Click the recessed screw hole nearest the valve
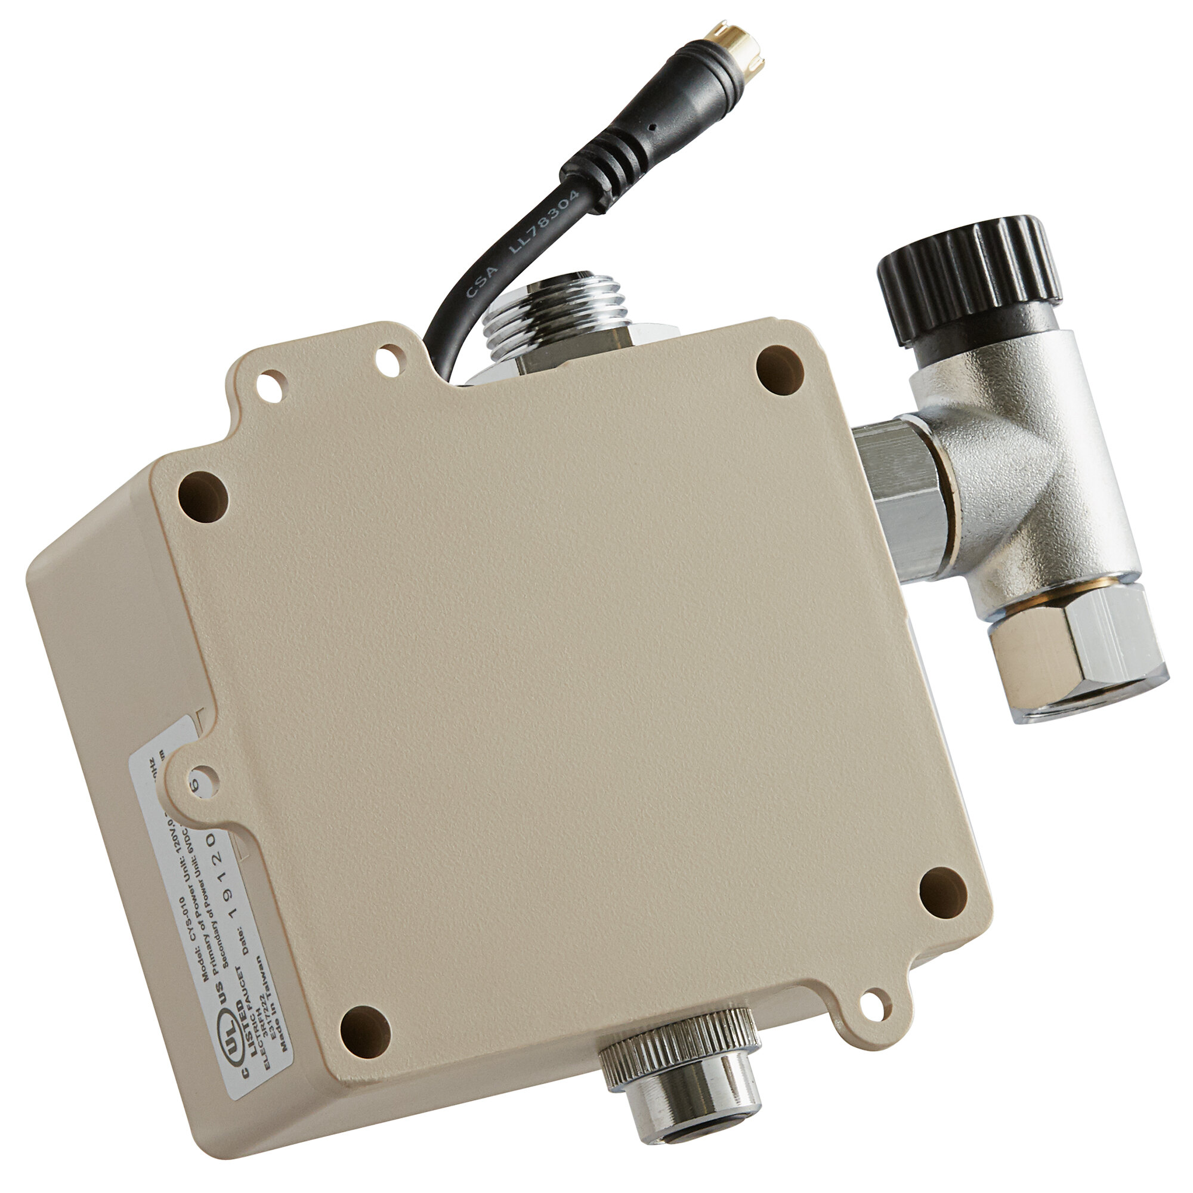coord(779,369)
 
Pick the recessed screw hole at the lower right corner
coord(942,892)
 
